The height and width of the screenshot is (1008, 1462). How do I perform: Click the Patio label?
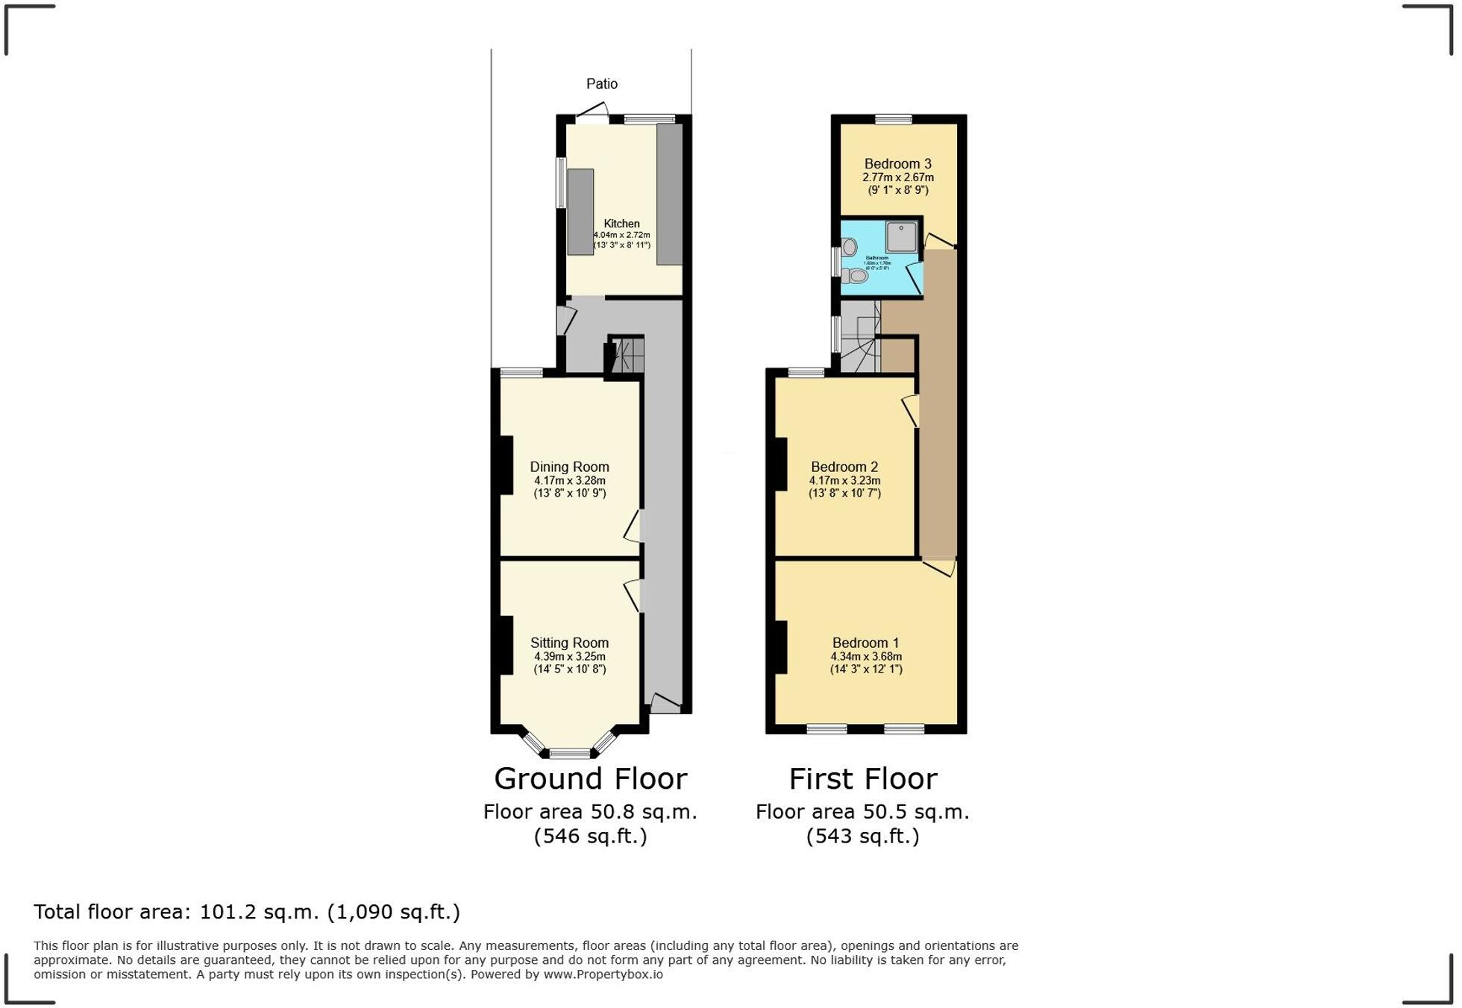[x=602, y=84]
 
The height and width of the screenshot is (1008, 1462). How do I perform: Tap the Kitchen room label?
[x=621, y=224]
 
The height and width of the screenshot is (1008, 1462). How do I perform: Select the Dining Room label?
[x=569, y=467]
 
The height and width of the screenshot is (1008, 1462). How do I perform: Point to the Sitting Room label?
[x=569, y=643]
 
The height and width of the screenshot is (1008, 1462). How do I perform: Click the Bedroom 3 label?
[x=897, y=164]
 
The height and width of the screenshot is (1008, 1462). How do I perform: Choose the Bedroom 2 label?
[x=844, y=467]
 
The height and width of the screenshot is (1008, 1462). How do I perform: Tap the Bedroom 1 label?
[x=865, y=643]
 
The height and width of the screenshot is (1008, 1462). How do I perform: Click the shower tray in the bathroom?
[x=901, y=237]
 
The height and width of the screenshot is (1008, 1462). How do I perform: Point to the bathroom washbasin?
[x=850, y=247]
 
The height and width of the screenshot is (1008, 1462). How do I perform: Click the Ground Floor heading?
[x=590, y=779]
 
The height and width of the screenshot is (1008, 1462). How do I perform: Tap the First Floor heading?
[x=863, y=779]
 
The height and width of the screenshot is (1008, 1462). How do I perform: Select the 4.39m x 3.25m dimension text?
[x=569, y=657]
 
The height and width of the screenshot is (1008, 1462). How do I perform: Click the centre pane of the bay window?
[x=570, y=753]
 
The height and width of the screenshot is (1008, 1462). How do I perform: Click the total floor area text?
[x=247, y=912]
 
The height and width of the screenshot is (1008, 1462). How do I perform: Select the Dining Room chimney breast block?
[x=506, y=465]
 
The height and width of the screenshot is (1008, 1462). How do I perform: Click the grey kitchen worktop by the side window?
[x=580, y=212]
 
